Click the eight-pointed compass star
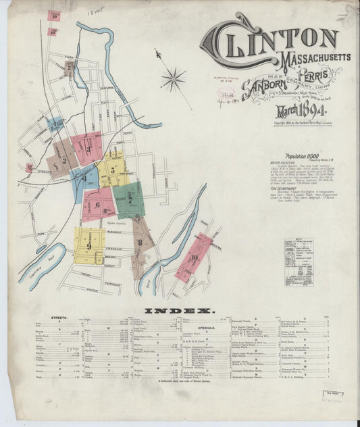[x=173, y=79]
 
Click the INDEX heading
[x=180, y=311]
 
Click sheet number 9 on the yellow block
[x=88, y=246]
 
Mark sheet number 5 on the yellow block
[x=113, y=170]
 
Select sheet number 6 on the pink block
[x=97, y=205]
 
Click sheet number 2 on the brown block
[x=65, y=161]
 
